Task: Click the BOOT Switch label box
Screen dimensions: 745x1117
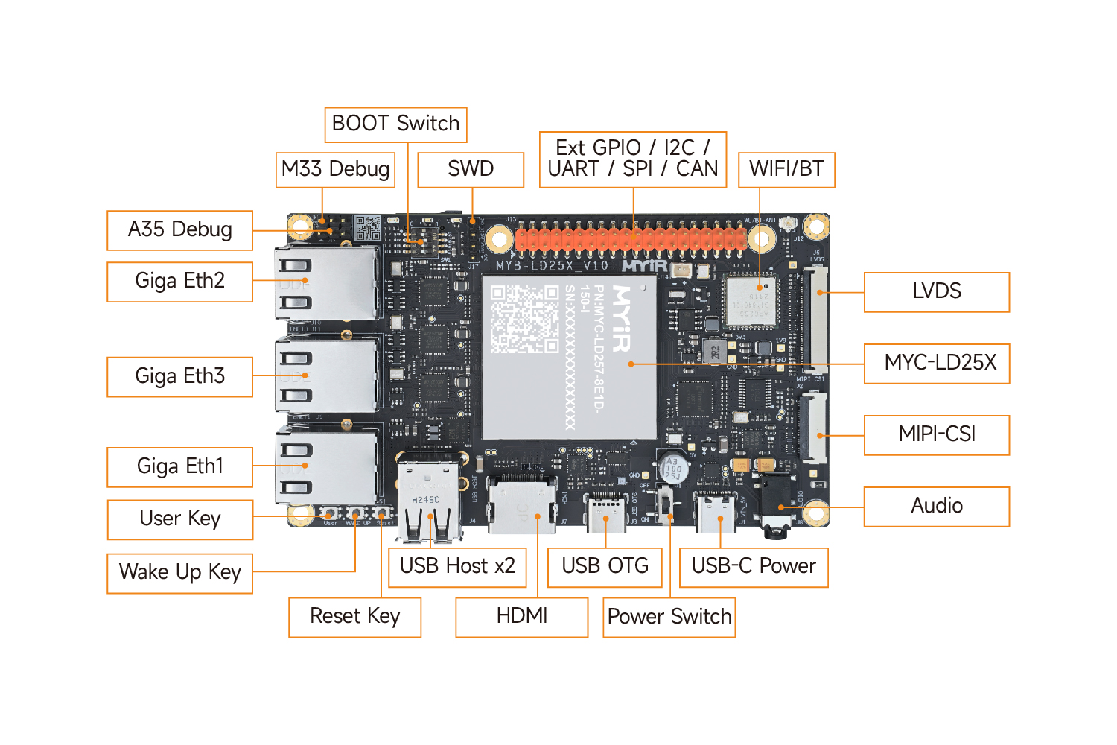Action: (395, 124)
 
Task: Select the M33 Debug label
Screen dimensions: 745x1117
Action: (335, 169)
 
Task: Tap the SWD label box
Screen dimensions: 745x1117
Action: (471, 169)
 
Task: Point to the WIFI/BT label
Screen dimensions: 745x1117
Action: (786, 169)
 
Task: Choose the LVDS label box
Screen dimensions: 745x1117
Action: (937, 291)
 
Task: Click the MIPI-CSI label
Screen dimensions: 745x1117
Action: (937, 434)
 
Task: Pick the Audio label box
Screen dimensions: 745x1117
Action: (937, 506)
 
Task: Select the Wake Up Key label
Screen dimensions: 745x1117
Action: (180, 572)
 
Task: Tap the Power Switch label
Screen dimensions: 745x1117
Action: (669, 617)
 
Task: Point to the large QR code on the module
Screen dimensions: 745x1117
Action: (524, 319)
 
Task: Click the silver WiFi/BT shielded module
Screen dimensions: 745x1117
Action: (751, 300)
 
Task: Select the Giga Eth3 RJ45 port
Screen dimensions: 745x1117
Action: (328, 376)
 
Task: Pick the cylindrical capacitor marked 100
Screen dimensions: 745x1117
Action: (672, 467)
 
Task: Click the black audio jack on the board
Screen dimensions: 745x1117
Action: (777, 509)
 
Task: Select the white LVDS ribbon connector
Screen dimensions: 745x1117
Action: (816, 320)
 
